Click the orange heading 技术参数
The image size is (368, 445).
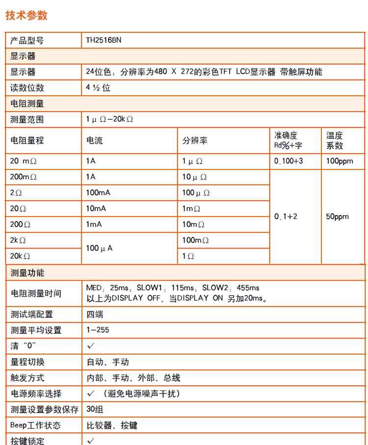pos(26,15)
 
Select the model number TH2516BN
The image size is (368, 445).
pos(104,40)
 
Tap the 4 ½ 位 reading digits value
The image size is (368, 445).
pos(98,87)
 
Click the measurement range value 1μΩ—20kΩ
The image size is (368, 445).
pos(110,119)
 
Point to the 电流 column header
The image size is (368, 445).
pos(95,140)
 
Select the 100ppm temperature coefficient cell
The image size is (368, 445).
pos(340,161)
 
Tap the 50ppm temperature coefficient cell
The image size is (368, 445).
pos(338,216)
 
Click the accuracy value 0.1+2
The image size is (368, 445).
pos(286,216)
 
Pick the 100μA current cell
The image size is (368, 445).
pos(99,248)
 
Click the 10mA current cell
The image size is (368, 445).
pos(96,208)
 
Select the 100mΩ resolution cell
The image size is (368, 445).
pos(196,240)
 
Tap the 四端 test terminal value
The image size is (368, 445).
pos(95,314)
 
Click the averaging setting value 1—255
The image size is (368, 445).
pos(98,330)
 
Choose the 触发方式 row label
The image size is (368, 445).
pos(27,378)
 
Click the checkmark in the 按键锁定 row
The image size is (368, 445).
pos(91,440)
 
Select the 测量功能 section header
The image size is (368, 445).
pos(27,273)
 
